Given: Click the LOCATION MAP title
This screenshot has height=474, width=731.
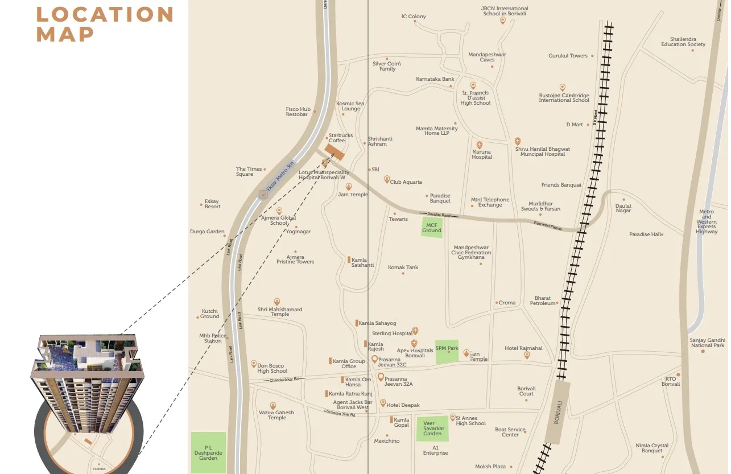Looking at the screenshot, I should tap(105, 24).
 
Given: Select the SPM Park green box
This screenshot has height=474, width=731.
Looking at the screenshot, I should tap(447, 352).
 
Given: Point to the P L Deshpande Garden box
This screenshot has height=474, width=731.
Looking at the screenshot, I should tap(208, 453).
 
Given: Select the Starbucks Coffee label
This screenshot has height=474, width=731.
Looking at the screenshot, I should tap(340, 138).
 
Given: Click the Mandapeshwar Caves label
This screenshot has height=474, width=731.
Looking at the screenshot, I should tap(487, 57).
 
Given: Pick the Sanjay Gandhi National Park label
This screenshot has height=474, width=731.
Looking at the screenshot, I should tap(707, 343).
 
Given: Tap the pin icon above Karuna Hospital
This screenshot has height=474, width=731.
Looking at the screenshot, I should tap(480, 145).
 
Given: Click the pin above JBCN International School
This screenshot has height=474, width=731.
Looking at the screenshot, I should tap(502, 20).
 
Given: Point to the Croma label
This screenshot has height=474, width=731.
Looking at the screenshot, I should tap(507, 303).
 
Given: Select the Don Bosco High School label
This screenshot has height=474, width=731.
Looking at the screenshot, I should tap(272, 368).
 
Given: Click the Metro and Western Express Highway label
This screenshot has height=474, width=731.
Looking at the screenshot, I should tap(706, 222).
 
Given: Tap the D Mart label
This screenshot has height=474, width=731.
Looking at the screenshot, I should tap(575, 125).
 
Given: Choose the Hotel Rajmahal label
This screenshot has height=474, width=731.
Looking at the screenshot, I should tap(523, 348).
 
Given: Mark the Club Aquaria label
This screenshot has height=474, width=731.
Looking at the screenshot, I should tap(406, 182).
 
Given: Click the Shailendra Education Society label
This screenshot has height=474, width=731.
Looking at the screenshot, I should tap(683, 42).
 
